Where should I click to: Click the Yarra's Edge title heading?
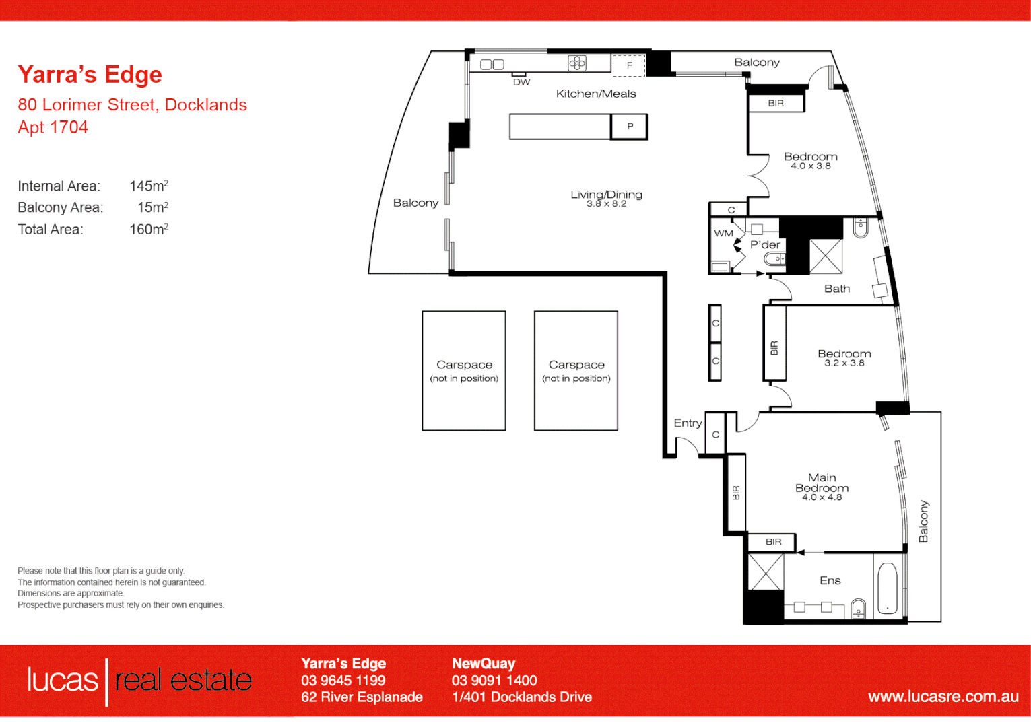pyautogui.click(x=90, y=75)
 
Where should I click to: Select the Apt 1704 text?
pyautogui.click(x=53, y=127)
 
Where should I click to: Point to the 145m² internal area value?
pyautogui.click(x=149, y=186)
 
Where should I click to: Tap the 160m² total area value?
pyautogui.click(x=149, y=229)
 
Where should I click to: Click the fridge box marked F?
pyautogui.click(x=629, y=65)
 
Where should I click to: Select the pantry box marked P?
pyautogui.click(x=630, y=127)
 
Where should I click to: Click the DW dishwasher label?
pyautogui.click(x=521, y=82)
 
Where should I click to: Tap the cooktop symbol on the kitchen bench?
pyautogui.click(x=577, y=63)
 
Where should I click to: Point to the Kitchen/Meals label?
pyautogui.click(x=596, y=94)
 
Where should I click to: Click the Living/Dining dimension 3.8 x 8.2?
pyautogui.click(x=606, y=204)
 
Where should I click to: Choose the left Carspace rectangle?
pyautogui.click(x=464, y=370)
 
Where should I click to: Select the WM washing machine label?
pyautogui.click(x=723, y=234)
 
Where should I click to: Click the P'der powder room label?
pyautogui.click(x=765, y=245)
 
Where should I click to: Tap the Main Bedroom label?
pyautogui.click(x=822, y=483)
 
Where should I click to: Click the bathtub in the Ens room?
pyautogui.click(x=888, y=589)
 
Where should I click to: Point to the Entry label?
pyautogui.click(x=688, y=423)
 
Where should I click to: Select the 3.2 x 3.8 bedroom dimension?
pyautogui.click(x=844, y=363)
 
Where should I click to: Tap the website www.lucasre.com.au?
pyautogui.click(x=943, y=697)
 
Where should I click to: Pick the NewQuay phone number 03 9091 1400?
pyautogui.click(x=494, y=681)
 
